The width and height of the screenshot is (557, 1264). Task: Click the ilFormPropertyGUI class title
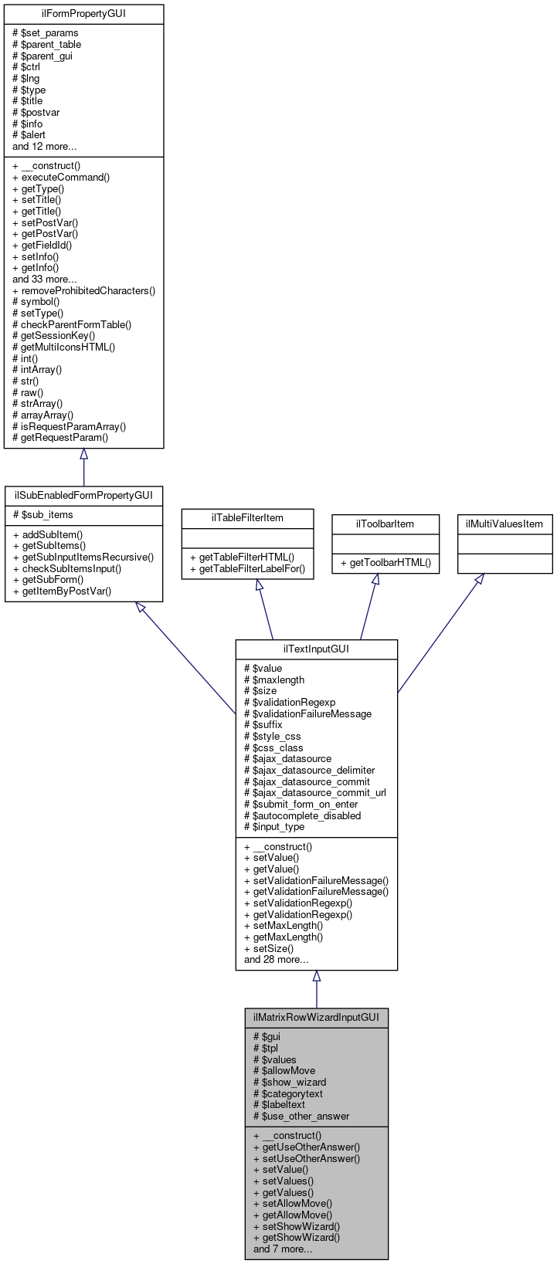(x=83, y=14)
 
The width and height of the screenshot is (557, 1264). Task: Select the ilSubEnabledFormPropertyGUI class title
(x=83, y=495)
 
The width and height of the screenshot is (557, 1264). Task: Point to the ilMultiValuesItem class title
(x=504, y=524)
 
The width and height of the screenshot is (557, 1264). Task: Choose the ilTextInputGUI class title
(x=316, y=649)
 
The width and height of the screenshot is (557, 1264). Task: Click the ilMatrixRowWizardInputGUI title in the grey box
(x=316, y=1018)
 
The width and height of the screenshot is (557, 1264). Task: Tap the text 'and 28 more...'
(x=276, y=960)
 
